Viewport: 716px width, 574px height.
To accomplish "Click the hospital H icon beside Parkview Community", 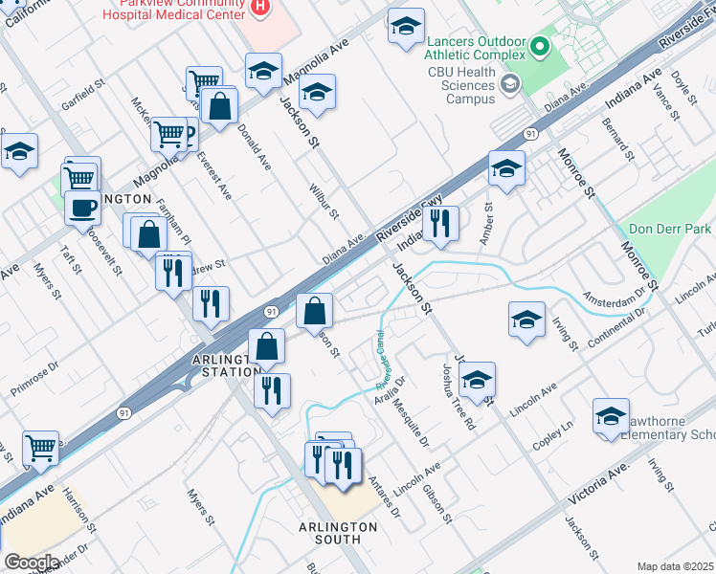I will pos(259,7).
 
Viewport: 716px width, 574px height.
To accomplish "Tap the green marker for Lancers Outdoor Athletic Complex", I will pos(539,44).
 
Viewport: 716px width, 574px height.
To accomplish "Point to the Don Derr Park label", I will pos(670,230).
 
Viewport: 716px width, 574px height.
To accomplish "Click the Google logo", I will pos(31,563).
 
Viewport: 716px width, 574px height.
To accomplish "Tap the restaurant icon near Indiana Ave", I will pos(440,223).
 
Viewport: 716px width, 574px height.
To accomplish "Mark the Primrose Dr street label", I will pos(35,370).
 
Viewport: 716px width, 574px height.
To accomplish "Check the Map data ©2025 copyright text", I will pos(675,566).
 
